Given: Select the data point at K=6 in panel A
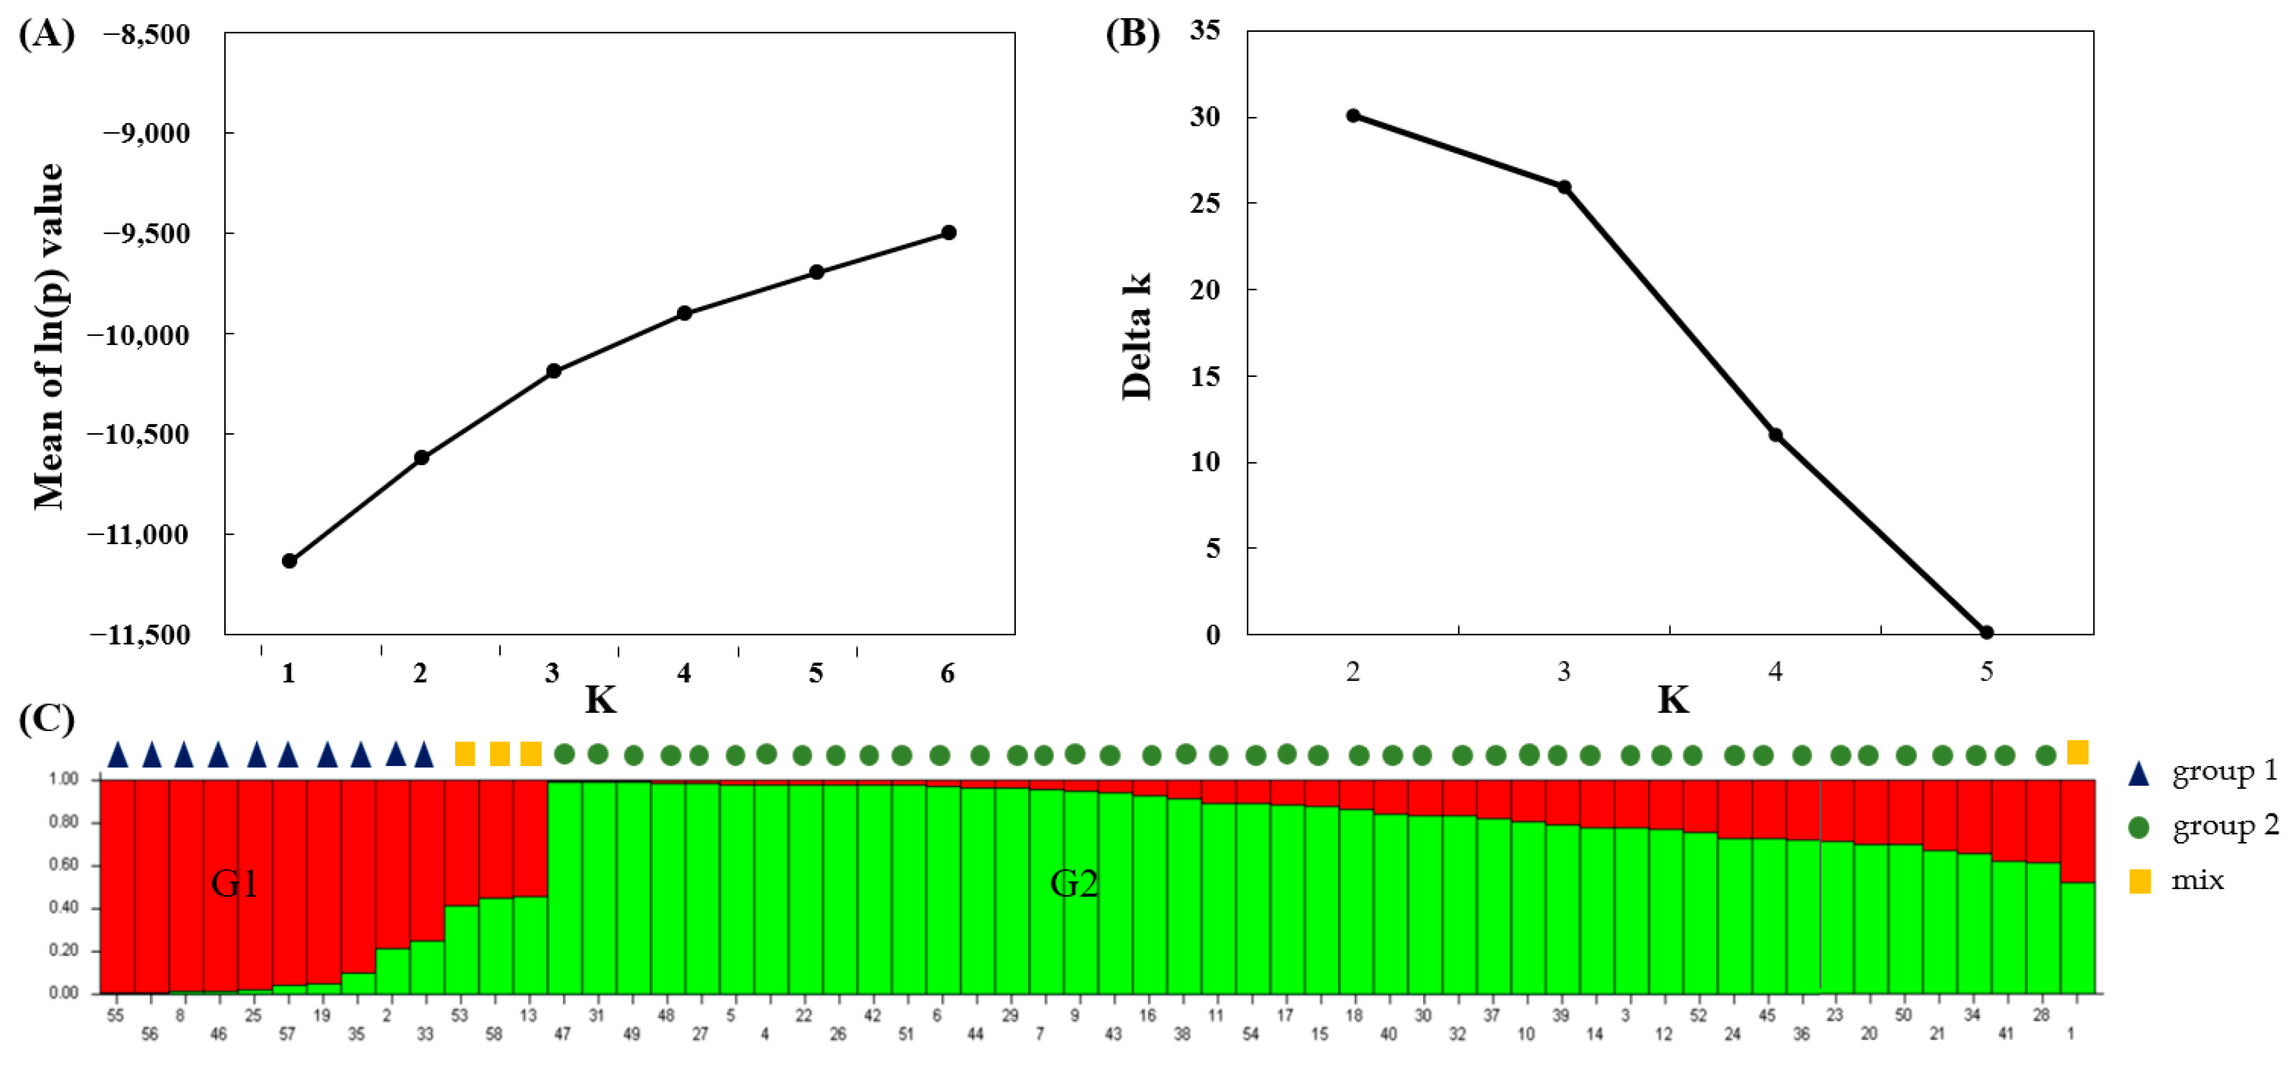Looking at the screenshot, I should pyautogui.click(x=948, y=233).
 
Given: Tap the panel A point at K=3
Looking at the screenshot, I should pyautogui.click(x=553, y=371).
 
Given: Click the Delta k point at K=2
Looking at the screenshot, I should pyautogui.click(x=1353, y=116).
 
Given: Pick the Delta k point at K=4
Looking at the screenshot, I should pyautogui.click(x=1775, y=435).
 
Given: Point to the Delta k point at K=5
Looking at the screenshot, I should pyautogui.click(x=1986, y=632).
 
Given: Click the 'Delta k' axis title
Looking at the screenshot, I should pyautogui.click(x=1136, y=336).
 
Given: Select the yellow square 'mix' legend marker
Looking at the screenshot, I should pyautogui.click(x=2139, y=882).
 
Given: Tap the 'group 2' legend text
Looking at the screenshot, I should pyautogui.click(x=2224, y=826).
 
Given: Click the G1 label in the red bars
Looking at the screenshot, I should pyautogui.click(x=234, y=883).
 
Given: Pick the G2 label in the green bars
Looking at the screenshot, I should pyautogui.click(x=1073, y=883).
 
